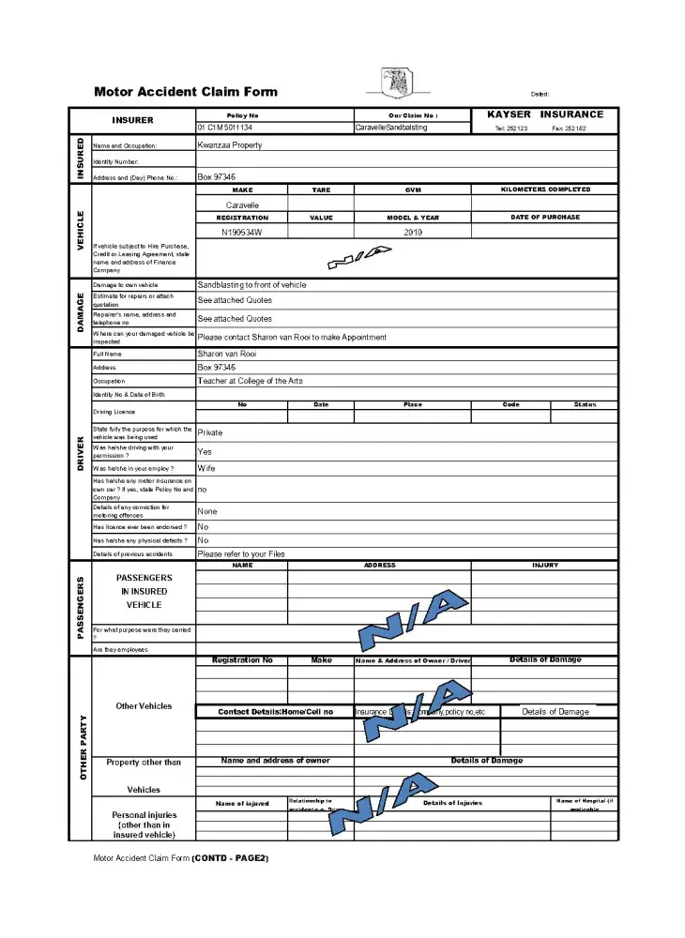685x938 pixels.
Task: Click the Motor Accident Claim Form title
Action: coord(186,92)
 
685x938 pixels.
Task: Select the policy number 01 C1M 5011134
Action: coord(225,127)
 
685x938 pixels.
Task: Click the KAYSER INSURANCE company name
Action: coord(545,114)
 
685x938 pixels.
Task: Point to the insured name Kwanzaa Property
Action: coord(230,145)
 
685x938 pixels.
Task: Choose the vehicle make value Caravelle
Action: coord(242,204)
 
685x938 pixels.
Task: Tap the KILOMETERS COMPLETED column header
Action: coord(546,189)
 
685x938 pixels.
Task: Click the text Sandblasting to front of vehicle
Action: coord(251,285)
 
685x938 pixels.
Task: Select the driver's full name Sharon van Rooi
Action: coord(227,355)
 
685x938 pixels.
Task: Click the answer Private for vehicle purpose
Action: coord(210,433)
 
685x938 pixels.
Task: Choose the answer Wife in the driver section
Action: coord(206,467)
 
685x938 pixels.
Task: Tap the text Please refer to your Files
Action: coord(241,554)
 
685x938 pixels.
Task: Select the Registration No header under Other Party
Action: coord(242,660)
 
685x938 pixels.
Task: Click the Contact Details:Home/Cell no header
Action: coord(275,712)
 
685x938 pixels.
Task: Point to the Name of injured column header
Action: coord(242,803)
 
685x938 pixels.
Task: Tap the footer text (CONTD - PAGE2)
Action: coord(231,857)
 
